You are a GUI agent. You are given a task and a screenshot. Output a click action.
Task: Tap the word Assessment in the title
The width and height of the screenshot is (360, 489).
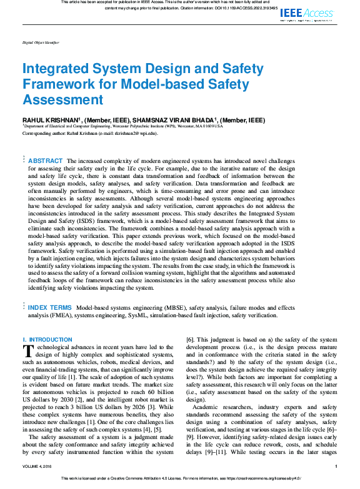coord(62,100)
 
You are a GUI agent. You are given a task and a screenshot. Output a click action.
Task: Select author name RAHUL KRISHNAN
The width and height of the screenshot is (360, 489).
coord(48,120)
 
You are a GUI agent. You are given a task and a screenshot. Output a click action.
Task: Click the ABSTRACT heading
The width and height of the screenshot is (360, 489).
coord(46,161)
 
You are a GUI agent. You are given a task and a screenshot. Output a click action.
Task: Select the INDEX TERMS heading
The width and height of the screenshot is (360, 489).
coord(51,308)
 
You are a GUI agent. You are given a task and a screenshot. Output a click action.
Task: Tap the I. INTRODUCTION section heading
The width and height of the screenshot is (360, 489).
coord(47,340)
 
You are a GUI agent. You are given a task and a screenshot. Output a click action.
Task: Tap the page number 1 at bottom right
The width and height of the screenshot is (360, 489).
coord(336,467)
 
